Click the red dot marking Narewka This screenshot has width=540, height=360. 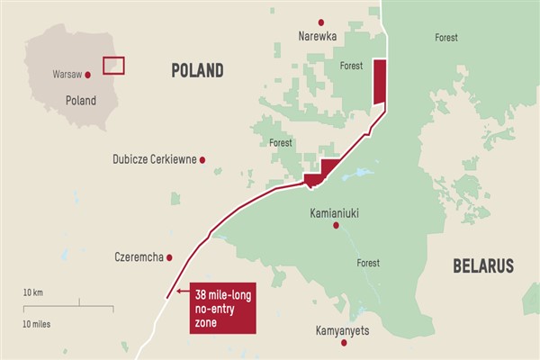click(319, 22)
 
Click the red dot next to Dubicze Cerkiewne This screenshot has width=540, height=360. click(202, 159)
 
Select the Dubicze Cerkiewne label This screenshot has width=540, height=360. click(154, 159)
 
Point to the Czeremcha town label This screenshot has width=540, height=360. click(139, 257)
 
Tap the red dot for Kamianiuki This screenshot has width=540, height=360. click(336, 225)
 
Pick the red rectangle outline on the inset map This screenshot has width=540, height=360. click(113, 66)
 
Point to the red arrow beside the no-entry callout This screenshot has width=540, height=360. click(182, 292)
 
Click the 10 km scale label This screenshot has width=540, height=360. click(34, 293)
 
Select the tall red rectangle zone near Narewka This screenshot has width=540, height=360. click(379, 81)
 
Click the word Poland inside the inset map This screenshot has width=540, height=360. click(80, 101)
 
